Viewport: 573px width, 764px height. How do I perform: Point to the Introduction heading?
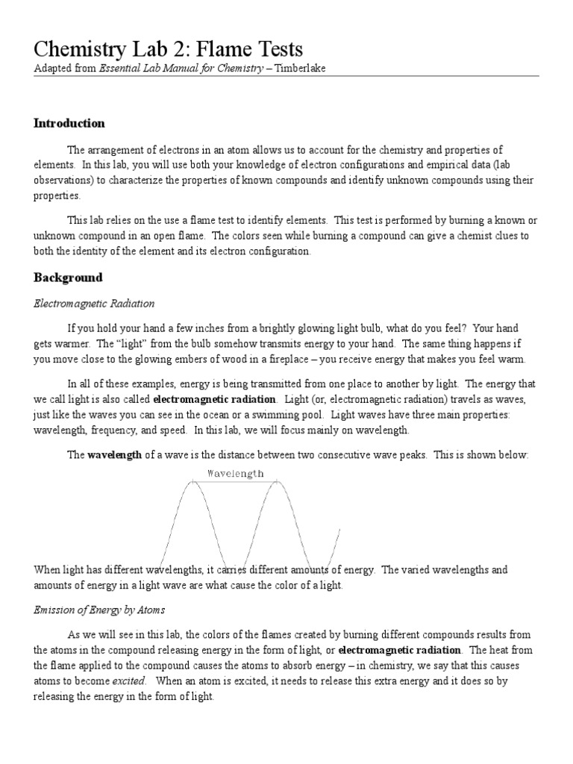pyautogui.click(x=69, y=123)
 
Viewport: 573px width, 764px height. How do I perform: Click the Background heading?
pyautogui.click(x=68, y=278)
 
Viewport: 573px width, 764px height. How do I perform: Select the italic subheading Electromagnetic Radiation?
pyautogui.click(x=94, y=303)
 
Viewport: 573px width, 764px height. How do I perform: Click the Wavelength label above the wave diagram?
pyautogui.click(x=235, y=473)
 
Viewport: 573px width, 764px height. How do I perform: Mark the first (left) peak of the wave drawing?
pyautogui.click(x=192, y=483)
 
